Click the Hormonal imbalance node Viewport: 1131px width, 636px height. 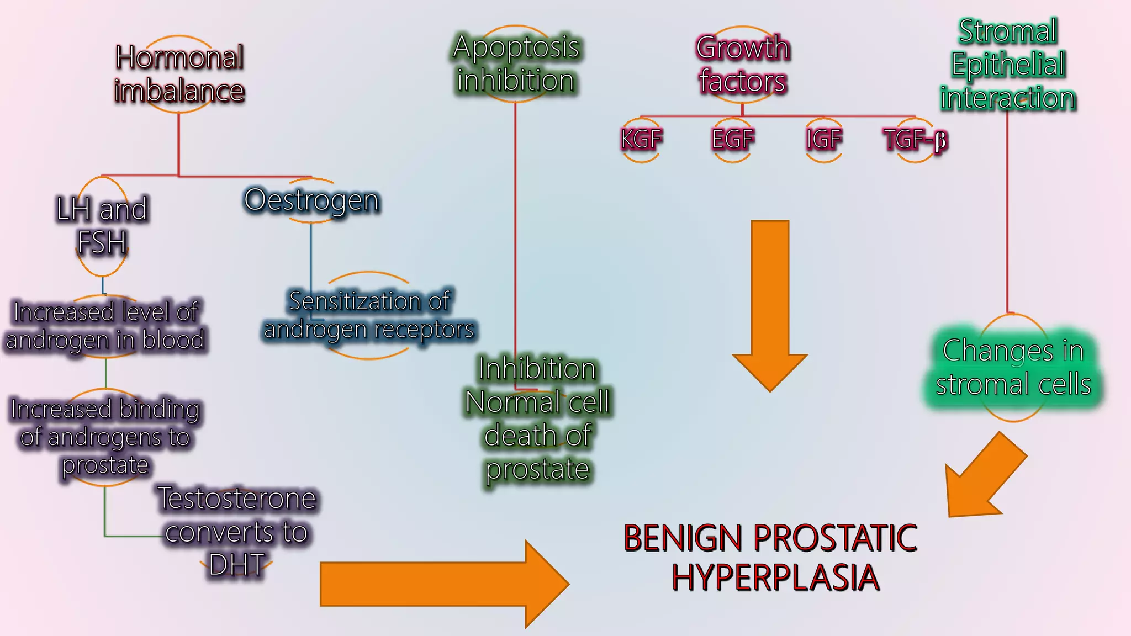(x=179, y=74)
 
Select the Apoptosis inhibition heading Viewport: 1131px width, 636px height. (x=516, y=63)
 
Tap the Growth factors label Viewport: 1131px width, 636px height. (x=742, y=64)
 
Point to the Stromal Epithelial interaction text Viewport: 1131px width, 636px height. (x=1008, y=64)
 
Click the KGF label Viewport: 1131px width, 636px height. (x=641, y=139)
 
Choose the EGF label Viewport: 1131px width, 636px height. (x=732, y=139)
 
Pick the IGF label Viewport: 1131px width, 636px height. (x=823, y=139)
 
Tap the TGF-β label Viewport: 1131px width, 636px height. (x=915, y=140)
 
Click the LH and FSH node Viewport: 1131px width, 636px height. (x=102, y=225)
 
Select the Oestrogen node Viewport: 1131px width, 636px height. (x=312, y=200)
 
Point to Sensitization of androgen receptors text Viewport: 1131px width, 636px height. (x=369, y=315)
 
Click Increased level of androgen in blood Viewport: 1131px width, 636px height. (x=105, y=326)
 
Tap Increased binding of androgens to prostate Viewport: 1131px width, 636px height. (x=105, y=437)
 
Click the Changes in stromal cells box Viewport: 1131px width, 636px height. (x=1013, y=367)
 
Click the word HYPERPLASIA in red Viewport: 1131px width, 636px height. (x=775, y=578)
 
